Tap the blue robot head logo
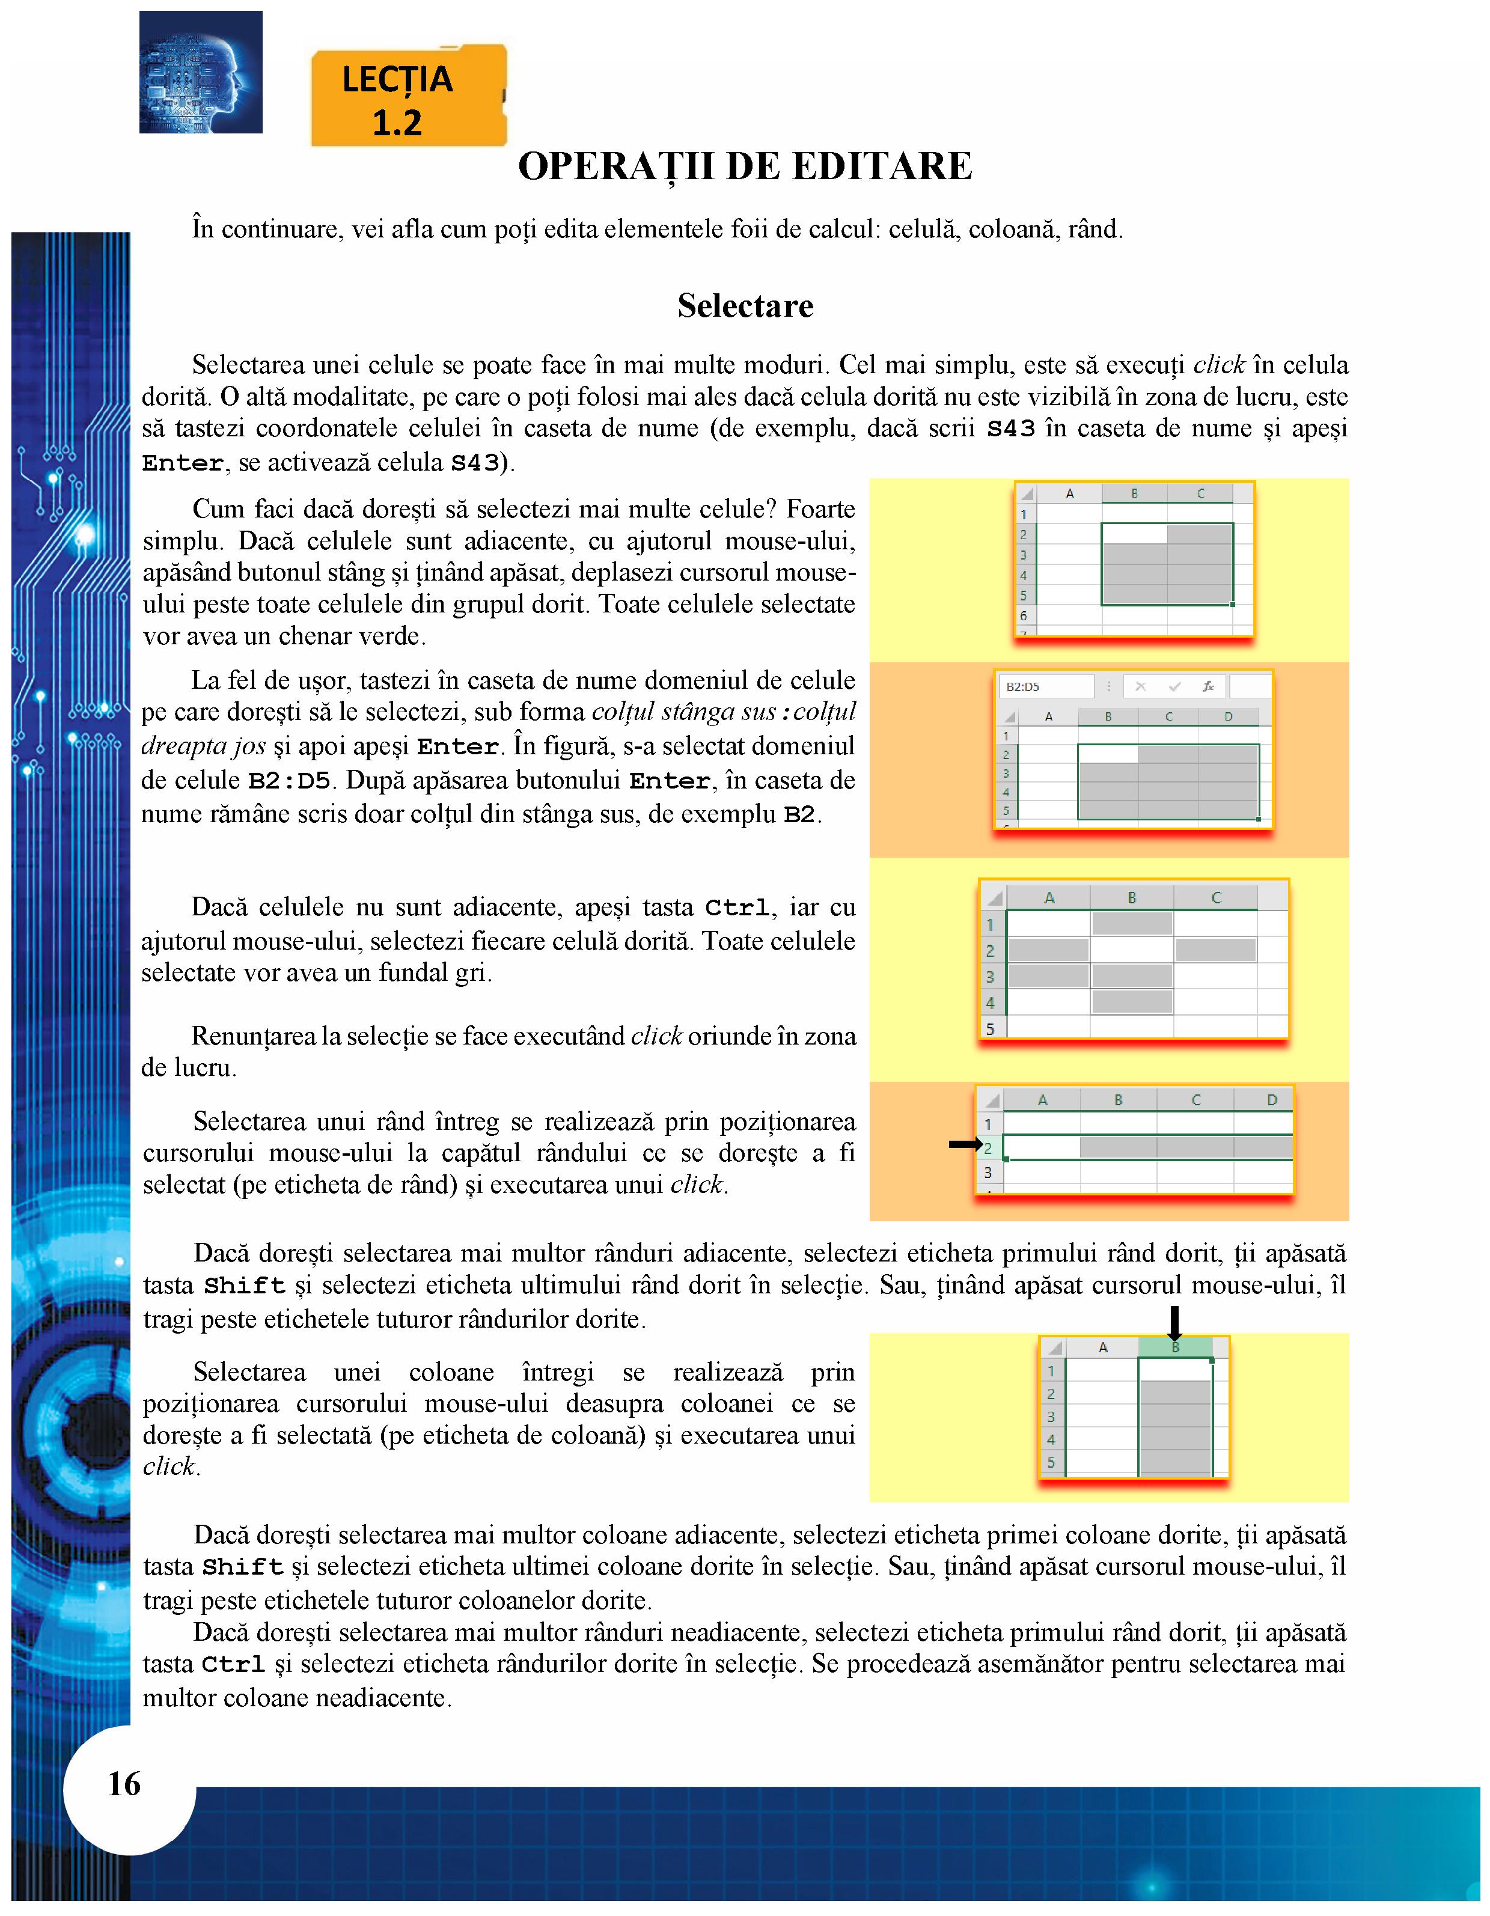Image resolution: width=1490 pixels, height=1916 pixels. pyautogui.click(x=200, y=72)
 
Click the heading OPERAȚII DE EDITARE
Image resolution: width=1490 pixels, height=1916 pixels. pyautogui.click(x=745, y=166)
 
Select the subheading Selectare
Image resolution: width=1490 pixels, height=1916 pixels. pyautogui.click(x=745, y=306)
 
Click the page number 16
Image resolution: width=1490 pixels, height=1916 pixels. pyautogui.click(x=124, y=1784)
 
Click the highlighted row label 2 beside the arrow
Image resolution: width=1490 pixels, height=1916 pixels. pyautogui.click(x=988, y=1149)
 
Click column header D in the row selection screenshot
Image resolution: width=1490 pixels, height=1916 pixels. pyautogui.click(x=1271, y=1100)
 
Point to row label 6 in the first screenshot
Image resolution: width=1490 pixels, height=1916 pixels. pyautogui.click(x=1023, y=616)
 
